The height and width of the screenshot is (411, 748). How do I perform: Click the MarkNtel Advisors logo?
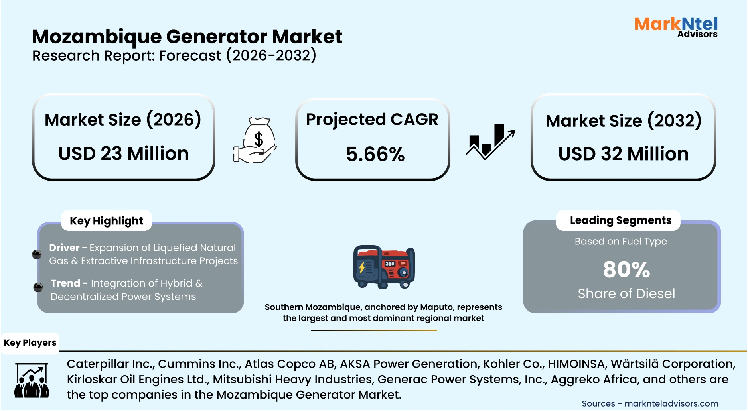(x=676, y=27)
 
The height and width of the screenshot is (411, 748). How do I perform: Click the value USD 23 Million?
(x=123, y=153)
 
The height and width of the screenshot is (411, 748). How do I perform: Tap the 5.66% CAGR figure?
(x=375, y=154)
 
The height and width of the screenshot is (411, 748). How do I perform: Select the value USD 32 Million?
(x=623, y=154)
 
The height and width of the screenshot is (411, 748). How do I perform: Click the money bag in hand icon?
(x=255, y=140)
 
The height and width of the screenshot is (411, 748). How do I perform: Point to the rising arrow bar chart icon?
(x=490, y=142)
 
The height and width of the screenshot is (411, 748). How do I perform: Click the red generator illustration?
(x=384, y=267)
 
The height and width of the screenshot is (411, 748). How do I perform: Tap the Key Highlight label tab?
(x=106, y=221)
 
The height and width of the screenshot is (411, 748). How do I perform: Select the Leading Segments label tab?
(x=620, y=220)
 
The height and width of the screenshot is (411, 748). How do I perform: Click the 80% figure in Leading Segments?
(x=626, y=269)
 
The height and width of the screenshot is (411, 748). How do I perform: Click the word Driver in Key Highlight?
(x=64, y=248)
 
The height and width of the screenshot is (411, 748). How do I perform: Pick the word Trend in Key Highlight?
(x=65, y=283)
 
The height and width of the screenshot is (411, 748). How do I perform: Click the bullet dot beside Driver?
(x=37, y=254)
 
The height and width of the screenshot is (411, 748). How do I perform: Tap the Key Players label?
(x=30, y=343)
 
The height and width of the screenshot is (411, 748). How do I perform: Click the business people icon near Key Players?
(x=32, y=381)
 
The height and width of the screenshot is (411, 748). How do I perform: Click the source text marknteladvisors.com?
(x=671, y=403)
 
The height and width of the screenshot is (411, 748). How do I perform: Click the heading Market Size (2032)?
(x=623, y=121)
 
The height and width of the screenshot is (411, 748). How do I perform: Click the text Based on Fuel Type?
(x=620, y=241)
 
